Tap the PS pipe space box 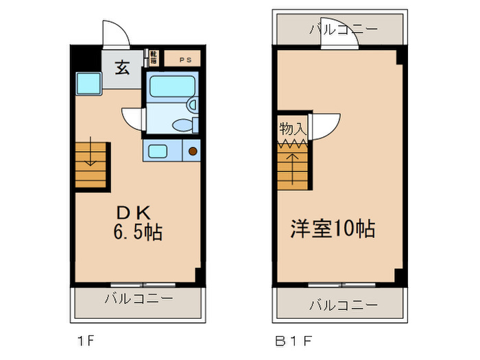185,60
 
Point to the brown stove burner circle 193,150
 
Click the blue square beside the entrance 88,83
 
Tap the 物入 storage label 291,128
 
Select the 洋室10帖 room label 333,228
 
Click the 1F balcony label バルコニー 139,299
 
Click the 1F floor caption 84,339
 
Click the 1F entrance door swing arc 113,33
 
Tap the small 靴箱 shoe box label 154,57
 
